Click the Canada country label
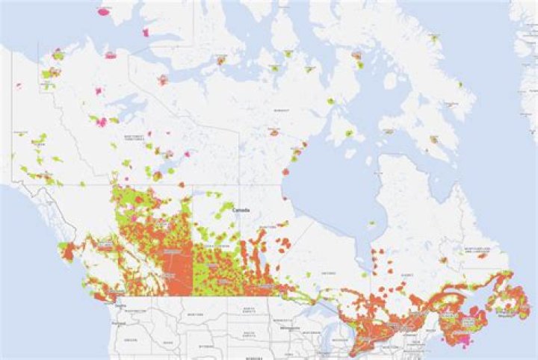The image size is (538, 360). [x=241, y=210]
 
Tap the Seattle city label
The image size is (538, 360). [x=120, y=304]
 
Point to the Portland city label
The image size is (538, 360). [x=114, y=323]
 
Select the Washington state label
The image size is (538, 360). [x=137, y=310]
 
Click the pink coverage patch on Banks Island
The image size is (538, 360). [x=103, y=12]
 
